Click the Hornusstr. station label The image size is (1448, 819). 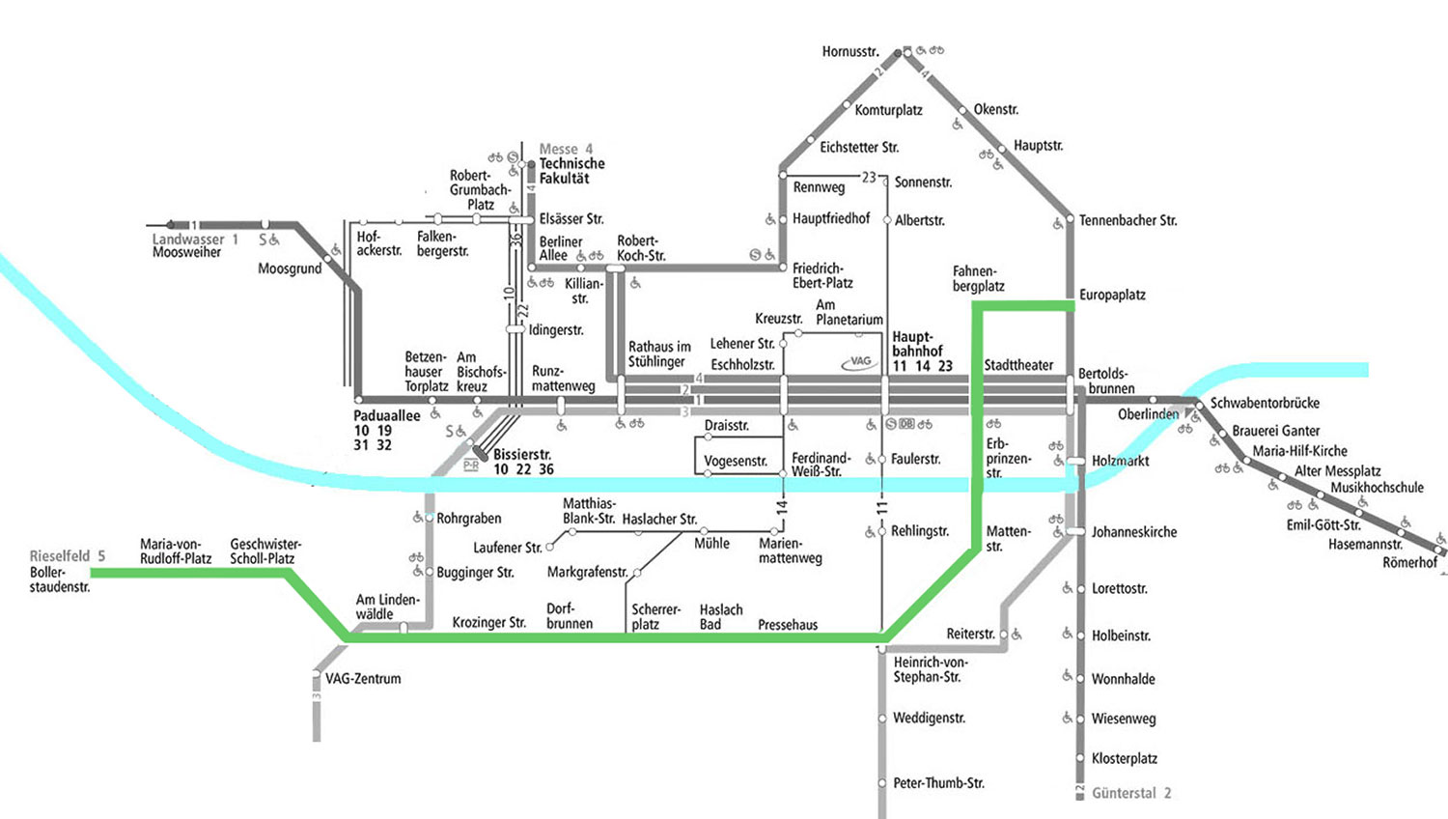coord(850,52)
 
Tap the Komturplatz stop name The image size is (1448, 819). coord(888,111)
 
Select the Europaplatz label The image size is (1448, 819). coord(1112,295)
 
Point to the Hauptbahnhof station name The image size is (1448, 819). coord(917,344)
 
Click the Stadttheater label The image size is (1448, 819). coord(1018,365)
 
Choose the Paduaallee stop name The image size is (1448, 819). coord(386,416)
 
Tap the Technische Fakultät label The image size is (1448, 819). coord(572,171)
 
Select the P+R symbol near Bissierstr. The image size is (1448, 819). coord(471,466)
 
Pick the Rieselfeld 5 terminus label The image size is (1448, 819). coord(68,556)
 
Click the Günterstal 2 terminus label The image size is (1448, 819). coord(1131,793)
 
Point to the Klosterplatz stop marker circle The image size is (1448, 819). coord(1079,758)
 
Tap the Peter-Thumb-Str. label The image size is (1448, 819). coord(938,783)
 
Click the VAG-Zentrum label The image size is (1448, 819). coord(363,679)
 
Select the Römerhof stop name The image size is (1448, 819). coord(1409,563)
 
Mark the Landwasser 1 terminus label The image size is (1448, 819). coord(195,240)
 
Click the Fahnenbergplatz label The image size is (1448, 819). coord(979,279)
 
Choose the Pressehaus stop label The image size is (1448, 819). coord(788,625)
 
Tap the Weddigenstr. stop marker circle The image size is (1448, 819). coord(881,719)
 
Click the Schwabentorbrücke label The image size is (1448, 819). coord(1265,403)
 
